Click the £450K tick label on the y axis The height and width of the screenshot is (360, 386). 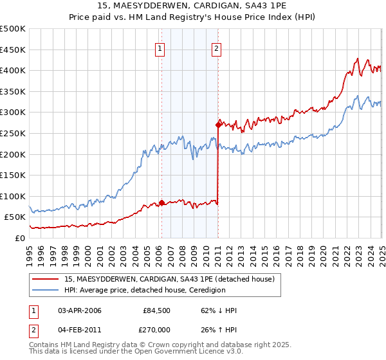(13, 50)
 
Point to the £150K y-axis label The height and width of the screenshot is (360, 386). (13, 175)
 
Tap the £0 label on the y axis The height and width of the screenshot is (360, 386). (20, 238)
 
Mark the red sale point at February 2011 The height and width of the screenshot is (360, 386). (218, 125)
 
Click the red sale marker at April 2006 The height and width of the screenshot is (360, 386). (161, 203)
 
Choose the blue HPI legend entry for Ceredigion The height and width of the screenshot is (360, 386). (145, 290)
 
